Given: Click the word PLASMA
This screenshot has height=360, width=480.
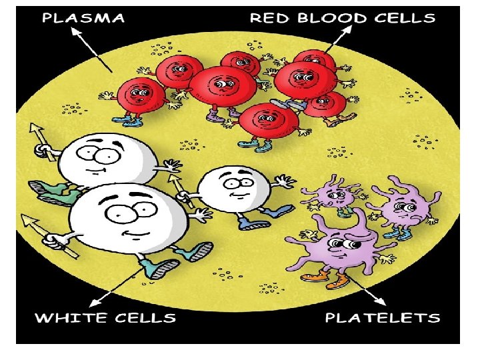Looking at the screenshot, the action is (83, 18).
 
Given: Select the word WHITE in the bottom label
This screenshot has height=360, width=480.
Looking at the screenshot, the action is (66, 317).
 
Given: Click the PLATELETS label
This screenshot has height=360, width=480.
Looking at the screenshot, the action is (383, 317).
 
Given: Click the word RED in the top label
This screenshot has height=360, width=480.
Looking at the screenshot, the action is (267, 18).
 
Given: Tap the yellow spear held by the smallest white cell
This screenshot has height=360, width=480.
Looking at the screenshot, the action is (179, 187).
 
